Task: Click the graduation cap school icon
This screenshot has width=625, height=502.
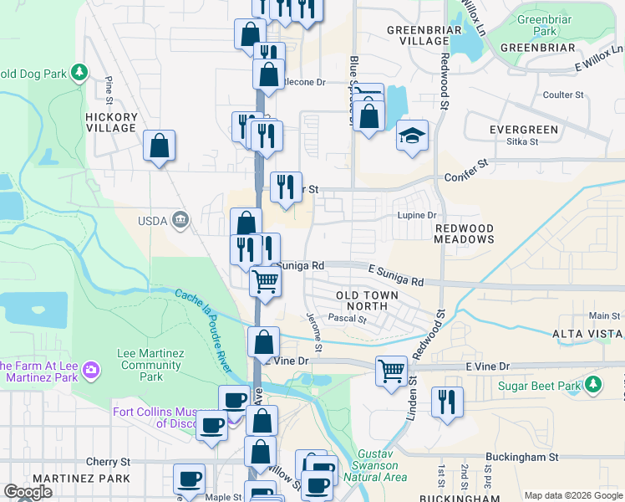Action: click(x=412, y=136)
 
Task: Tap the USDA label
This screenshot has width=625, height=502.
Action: click(x=151, y=220)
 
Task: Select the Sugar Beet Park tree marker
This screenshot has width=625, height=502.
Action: click(x=592, y=385)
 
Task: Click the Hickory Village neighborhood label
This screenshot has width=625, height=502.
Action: click(x=110, y=122)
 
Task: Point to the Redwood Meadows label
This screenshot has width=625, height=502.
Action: click(x=464, y=233)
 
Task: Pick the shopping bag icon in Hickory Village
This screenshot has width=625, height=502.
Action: click(x=159, y=146)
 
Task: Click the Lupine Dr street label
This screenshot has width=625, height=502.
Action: click(x=417, y=215)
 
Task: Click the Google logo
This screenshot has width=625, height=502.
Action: click(x=28, y=492)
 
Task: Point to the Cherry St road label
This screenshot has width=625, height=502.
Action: click(x=109, y=461)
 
